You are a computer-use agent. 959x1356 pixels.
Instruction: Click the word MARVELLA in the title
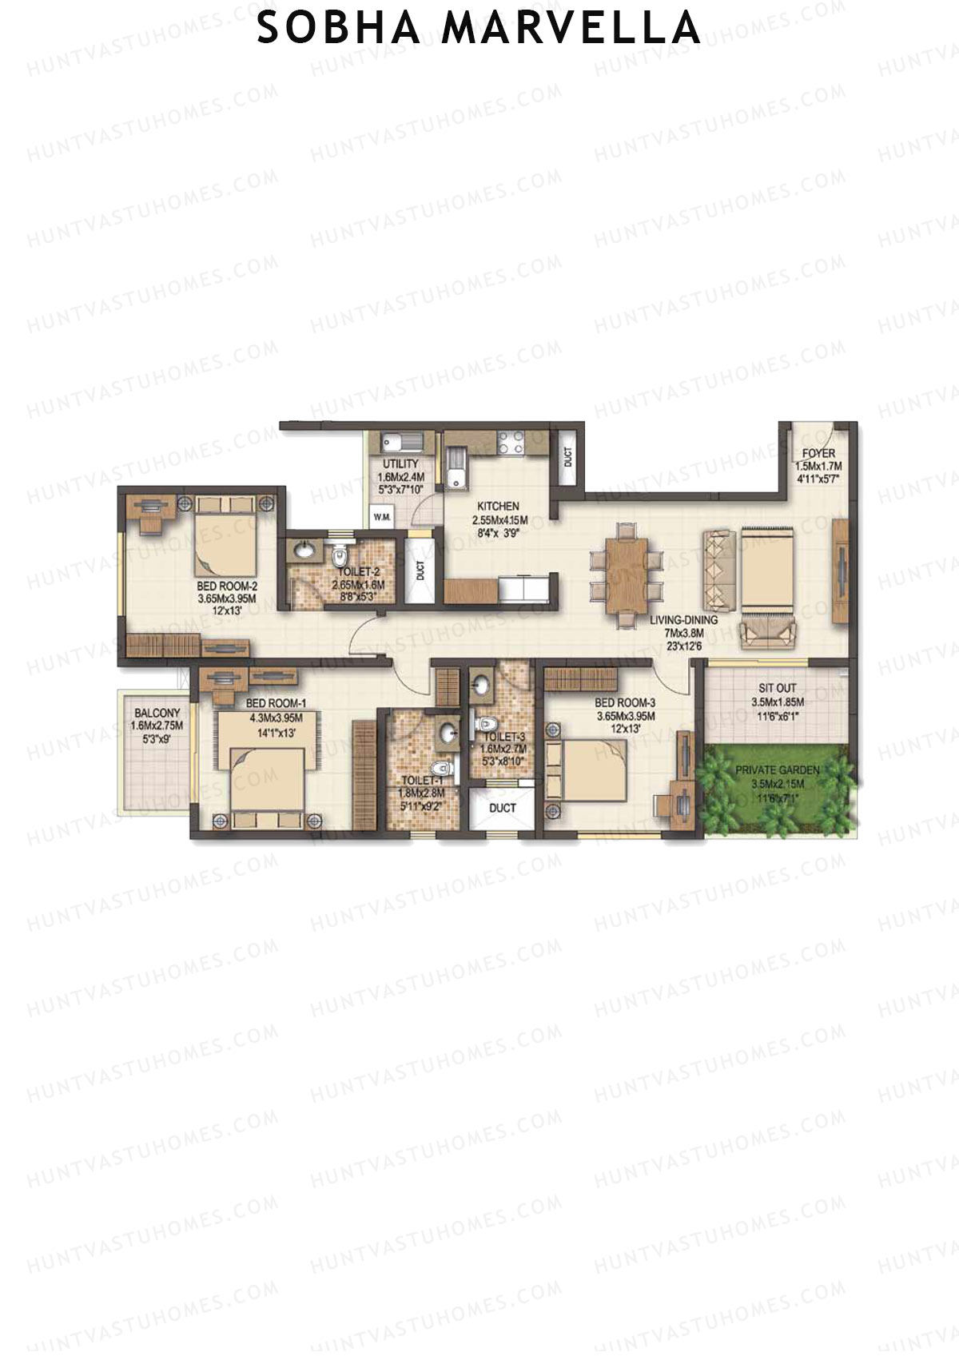pos(571,28)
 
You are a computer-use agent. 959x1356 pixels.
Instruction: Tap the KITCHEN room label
pos(498,506)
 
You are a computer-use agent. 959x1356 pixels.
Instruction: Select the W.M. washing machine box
pos(382,517)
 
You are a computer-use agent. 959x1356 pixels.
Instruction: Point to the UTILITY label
pos(400,463)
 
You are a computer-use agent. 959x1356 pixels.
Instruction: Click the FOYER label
pos(818,453)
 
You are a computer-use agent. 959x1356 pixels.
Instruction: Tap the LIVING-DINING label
pos(683,619)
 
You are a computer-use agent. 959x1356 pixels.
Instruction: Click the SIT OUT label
pos(777,688)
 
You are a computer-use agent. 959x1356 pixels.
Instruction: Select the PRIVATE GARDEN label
pos(777,770)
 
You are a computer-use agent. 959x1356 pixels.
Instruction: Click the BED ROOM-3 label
pos(625,703)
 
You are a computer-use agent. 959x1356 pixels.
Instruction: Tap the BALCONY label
pos(157,713)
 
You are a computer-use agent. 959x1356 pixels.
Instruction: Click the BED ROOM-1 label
pos(276,703)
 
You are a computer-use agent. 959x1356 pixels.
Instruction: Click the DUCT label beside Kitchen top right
pos(567,457)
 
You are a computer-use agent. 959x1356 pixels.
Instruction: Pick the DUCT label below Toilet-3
pos(502,808)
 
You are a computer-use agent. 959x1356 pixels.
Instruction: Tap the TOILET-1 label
pos(421,781)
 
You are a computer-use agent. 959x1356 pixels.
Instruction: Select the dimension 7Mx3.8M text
pos(683,633)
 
